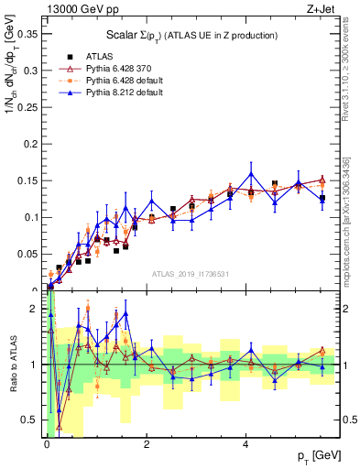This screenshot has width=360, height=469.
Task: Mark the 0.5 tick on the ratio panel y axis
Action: coord(34,420)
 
